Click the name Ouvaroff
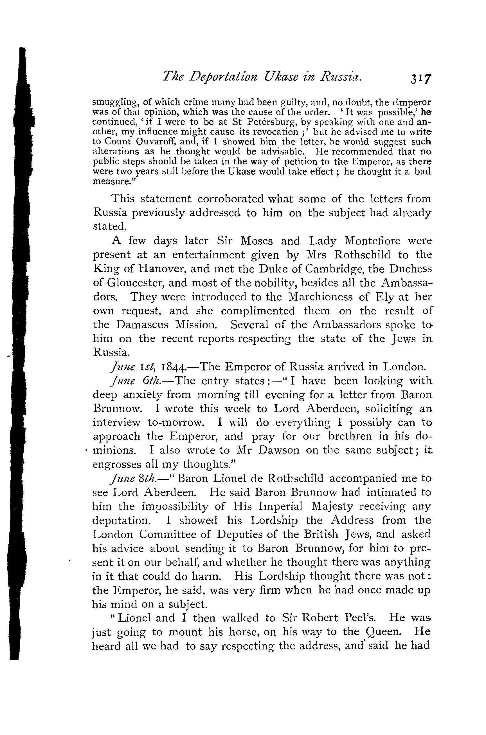coord(153,142)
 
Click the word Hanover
coord(162,269)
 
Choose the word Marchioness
coord(320,297)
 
